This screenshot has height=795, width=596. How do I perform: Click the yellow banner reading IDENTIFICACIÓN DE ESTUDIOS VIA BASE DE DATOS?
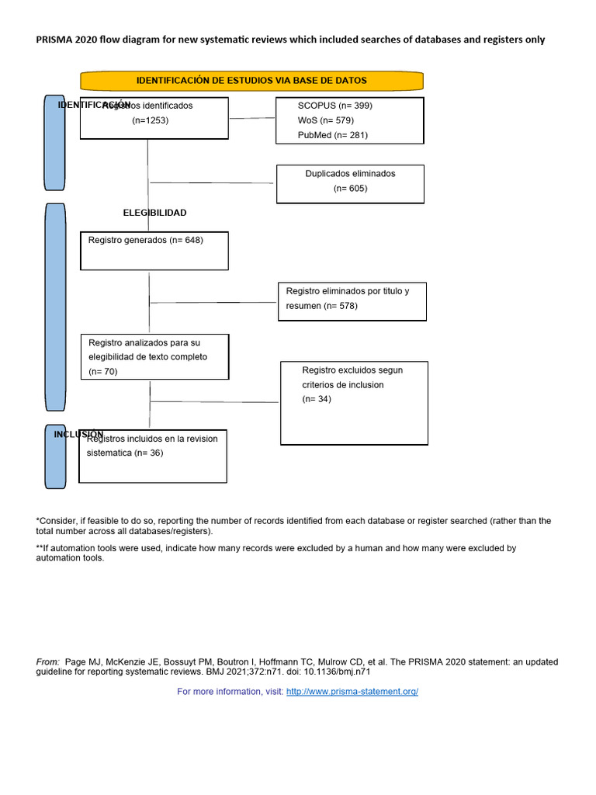coord(251,81)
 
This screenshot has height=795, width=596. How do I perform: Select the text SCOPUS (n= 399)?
coord(334,106)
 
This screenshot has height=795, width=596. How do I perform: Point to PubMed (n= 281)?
coord(333,135)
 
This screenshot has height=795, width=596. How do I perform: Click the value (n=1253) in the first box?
coord(151,120)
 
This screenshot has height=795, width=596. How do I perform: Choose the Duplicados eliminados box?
coord(350,183)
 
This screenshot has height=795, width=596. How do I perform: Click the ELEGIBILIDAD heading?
coord(154,213)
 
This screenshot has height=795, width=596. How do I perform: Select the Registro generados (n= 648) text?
coord(145,241)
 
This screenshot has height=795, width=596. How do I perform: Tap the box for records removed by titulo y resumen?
coord(352,300)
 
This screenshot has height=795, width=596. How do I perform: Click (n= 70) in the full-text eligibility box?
coord(102,372)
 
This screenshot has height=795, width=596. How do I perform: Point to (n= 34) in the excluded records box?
coord(317,399)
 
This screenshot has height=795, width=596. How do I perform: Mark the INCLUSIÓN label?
coord(78,434)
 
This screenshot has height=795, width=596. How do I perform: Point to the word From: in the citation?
coord(48,662)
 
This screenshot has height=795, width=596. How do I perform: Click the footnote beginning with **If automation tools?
coord(275,553)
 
